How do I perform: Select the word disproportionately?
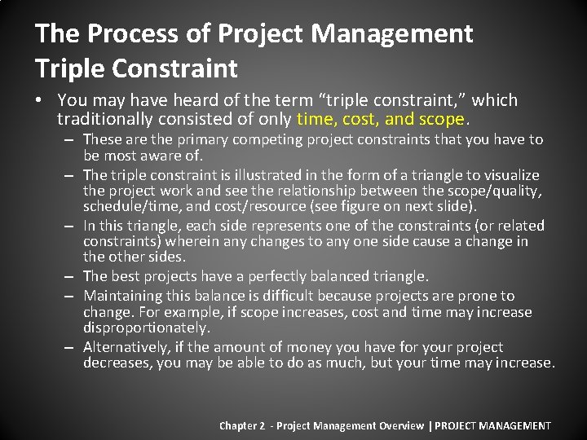tap(146, 328)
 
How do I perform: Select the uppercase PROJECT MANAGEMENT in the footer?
tap(494, 425)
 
